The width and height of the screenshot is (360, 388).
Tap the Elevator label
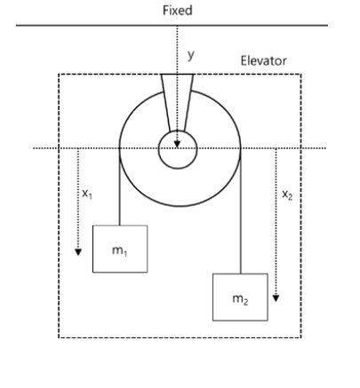point(264,62)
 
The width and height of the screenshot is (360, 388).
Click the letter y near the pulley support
point(188,54)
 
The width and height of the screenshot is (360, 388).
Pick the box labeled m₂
point(239,296)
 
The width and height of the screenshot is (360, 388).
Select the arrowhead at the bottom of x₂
point(276,297)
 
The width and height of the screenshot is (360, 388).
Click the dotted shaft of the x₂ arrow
point(276,222)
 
